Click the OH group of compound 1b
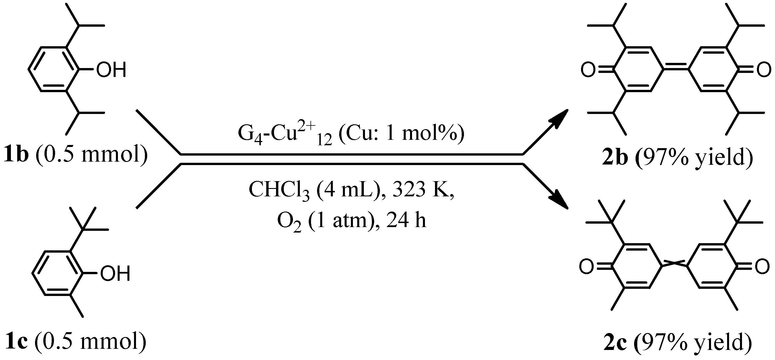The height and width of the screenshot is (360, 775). point(111,70)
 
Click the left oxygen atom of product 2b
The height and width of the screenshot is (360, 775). point(588,70)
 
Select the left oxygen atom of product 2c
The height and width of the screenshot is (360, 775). point(587,266)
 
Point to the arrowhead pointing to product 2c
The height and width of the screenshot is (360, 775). point(559,200)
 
